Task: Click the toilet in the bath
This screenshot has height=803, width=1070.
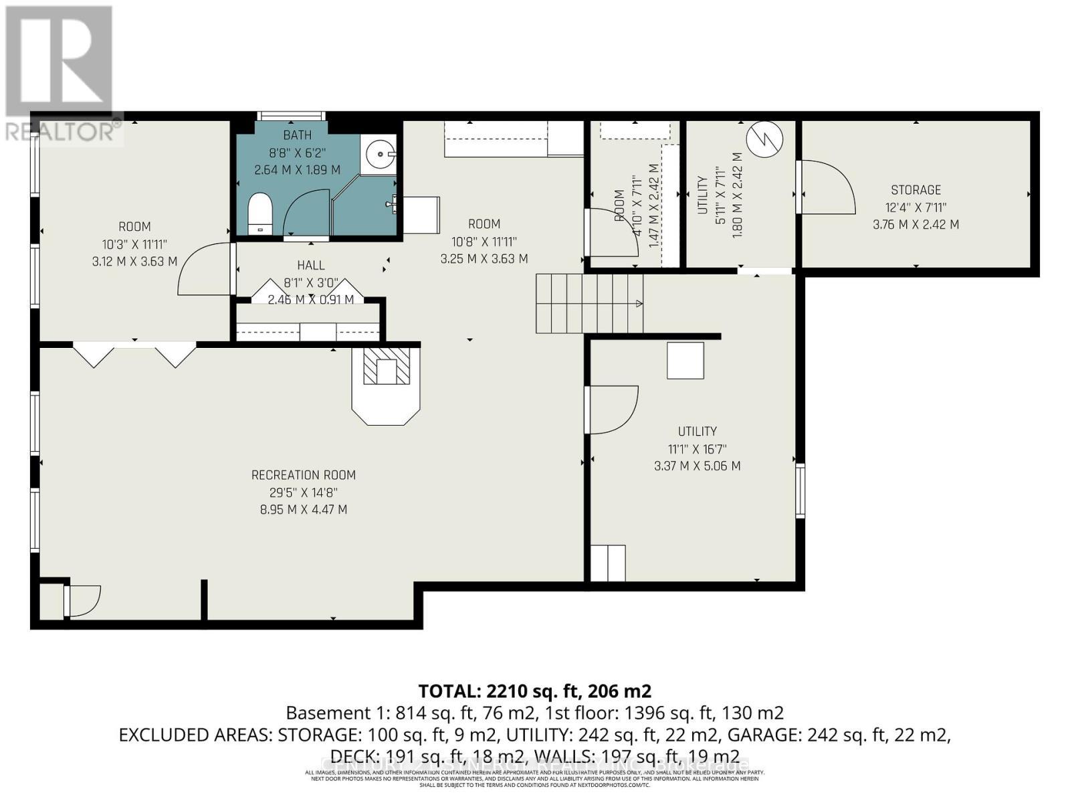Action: pos(259,213)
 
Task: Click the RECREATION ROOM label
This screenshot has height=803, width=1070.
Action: pos(303,475)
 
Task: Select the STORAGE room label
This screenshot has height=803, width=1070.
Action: pos(916,190)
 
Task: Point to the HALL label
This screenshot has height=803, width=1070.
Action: pos(311,266)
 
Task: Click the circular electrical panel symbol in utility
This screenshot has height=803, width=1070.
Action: pos(764,139)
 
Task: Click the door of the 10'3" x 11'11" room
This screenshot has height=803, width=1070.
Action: pos(204,269)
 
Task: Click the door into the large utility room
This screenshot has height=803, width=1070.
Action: pos(612,410)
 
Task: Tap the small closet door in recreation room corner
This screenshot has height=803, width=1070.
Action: pos(82,600)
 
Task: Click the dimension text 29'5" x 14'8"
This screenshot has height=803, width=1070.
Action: pos(303,493)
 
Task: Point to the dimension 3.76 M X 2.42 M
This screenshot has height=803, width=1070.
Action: pos(916,225)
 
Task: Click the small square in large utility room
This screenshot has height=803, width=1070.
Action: pos(685,361)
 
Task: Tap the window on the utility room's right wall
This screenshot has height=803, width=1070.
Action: pos(800,490)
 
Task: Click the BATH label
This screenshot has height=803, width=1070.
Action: pos(297,135)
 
